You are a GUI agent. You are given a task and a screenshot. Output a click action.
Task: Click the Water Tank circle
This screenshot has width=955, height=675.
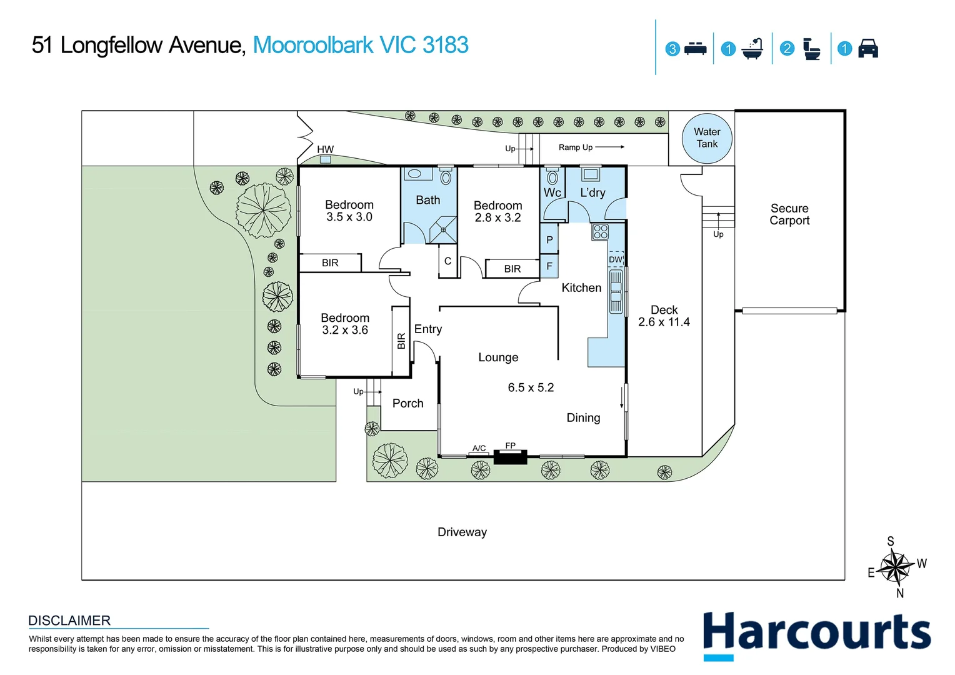(x=707, y=138)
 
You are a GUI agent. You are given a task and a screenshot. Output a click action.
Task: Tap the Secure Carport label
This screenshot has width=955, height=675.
(x=789, y=214)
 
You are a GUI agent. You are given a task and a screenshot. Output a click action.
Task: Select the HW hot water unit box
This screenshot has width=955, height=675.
(x=325, y=159)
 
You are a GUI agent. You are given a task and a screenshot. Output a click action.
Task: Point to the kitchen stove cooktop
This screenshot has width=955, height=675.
(x=600, y=232)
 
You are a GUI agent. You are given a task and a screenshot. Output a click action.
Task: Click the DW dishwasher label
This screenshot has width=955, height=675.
(x=615, y=259)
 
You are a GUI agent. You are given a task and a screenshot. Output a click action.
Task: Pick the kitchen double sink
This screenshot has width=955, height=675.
(x=616, y=292)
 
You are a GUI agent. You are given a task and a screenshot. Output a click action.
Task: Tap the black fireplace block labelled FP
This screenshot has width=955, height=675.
(x=511, y=457)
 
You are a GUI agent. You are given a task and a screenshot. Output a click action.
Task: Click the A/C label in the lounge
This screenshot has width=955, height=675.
(x=479, y=448)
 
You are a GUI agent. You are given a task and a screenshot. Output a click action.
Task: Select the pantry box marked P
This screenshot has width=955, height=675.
(x=549, y=239)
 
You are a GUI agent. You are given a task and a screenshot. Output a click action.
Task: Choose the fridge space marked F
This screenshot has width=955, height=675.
(x=549, y=266)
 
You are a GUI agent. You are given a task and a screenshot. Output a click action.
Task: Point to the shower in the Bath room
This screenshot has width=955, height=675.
(x=443, y=229)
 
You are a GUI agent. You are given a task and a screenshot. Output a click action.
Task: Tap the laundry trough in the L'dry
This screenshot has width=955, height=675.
(x=591, y=174)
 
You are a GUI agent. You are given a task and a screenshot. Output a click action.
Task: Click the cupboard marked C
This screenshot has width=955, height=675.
(x=447, y=261)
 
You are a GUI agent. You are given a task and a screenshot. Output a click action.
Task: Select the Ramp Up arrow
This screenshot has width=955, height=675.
(x=609, y=147)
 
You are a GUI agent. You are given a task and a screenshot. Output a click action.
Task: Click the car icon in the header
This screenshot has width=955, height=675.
(x=868, y=48)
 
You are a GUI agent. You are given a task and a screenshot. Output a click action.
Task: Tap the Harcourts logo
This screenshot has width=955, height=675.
(x=816, y=636)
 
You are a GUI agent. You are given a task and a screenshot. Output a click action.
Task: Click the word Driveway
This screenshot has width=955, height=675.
(x=462, y=532)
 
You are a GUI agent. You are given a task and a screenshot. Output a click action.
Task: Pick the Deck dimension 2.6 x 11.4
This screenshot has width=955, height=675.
(x=664, y=322)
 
